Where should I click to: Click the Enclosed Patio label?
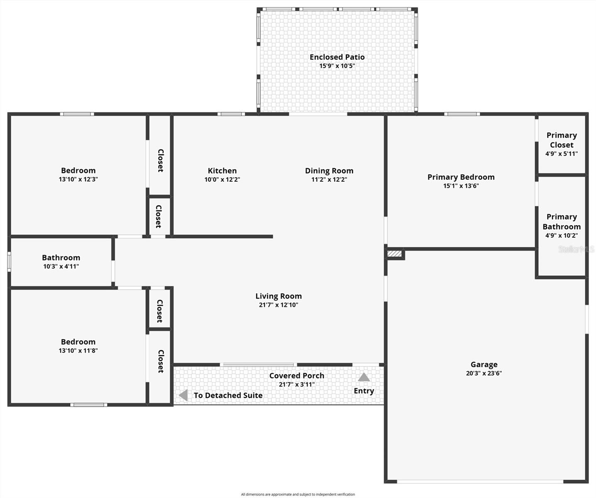pos(337,57)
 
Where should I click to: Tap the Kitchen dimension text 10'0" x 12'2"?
pos(222,180)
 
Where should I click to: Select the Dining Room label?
pos(329,171)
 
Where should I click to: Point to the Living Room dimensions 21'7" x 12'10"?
pos(278,305)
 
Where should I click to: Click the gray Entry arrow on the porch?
pos(364,377)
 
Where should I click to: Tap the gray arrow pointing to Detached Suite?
pos(183,395)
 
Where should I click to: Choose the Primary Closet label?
pos(562,140)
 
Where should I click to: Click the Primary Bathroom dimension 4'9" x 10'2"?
pos(562,236)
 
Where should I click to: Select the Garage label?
pos(484,364)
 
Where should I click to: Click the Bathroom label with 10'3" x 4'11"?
pos(61,258)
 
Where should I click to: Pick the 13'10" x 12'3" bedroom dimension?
pos(78,180)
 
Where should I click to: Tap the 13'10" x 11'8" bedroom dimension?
pos(78,351)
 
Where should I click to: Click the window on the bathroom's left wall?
pos(9,262)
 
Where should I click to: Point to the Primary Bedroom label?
pos(461,177)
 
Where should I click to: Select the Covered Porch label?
pos(297,376)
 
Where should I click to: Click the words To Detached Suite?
pos(228,395)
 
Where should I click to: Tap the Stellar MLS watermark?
pos(576,249)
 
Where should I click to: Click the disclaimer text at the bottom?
pos(298,494)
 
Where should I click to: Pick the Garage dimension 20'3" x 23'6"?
pos(484,373)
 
